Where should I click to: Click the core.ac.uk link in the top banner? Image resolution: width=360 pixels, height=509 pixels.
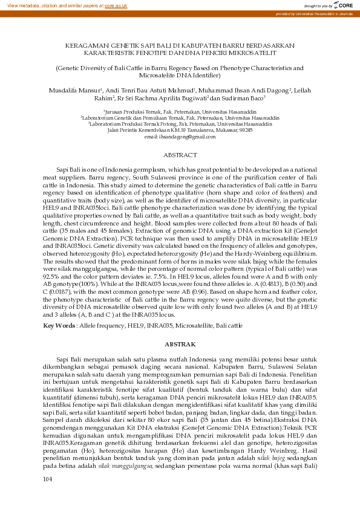tap(116, 5)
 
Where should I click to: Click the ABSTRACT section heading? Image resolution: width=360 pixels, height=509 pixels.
tap(180, 155)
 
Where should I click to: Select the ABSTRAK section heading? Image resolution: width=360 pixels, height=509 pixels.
tap(180, 343)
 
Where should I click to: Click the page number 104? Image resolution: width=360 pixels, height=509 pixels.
tap(48, 496)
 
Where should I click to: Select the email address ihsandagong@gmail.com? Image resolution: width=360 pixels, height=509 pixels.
tap(180, 138)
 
